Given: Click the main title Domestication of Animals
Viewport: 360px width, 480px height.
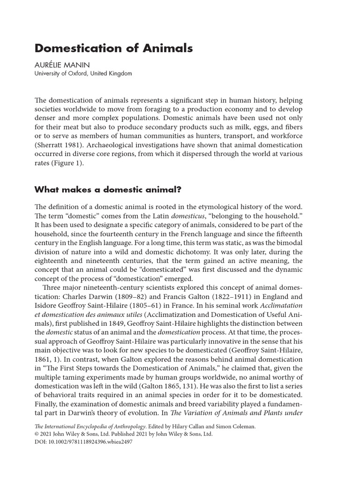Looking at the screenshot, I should pyautogui.click(x=114, y=49).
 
